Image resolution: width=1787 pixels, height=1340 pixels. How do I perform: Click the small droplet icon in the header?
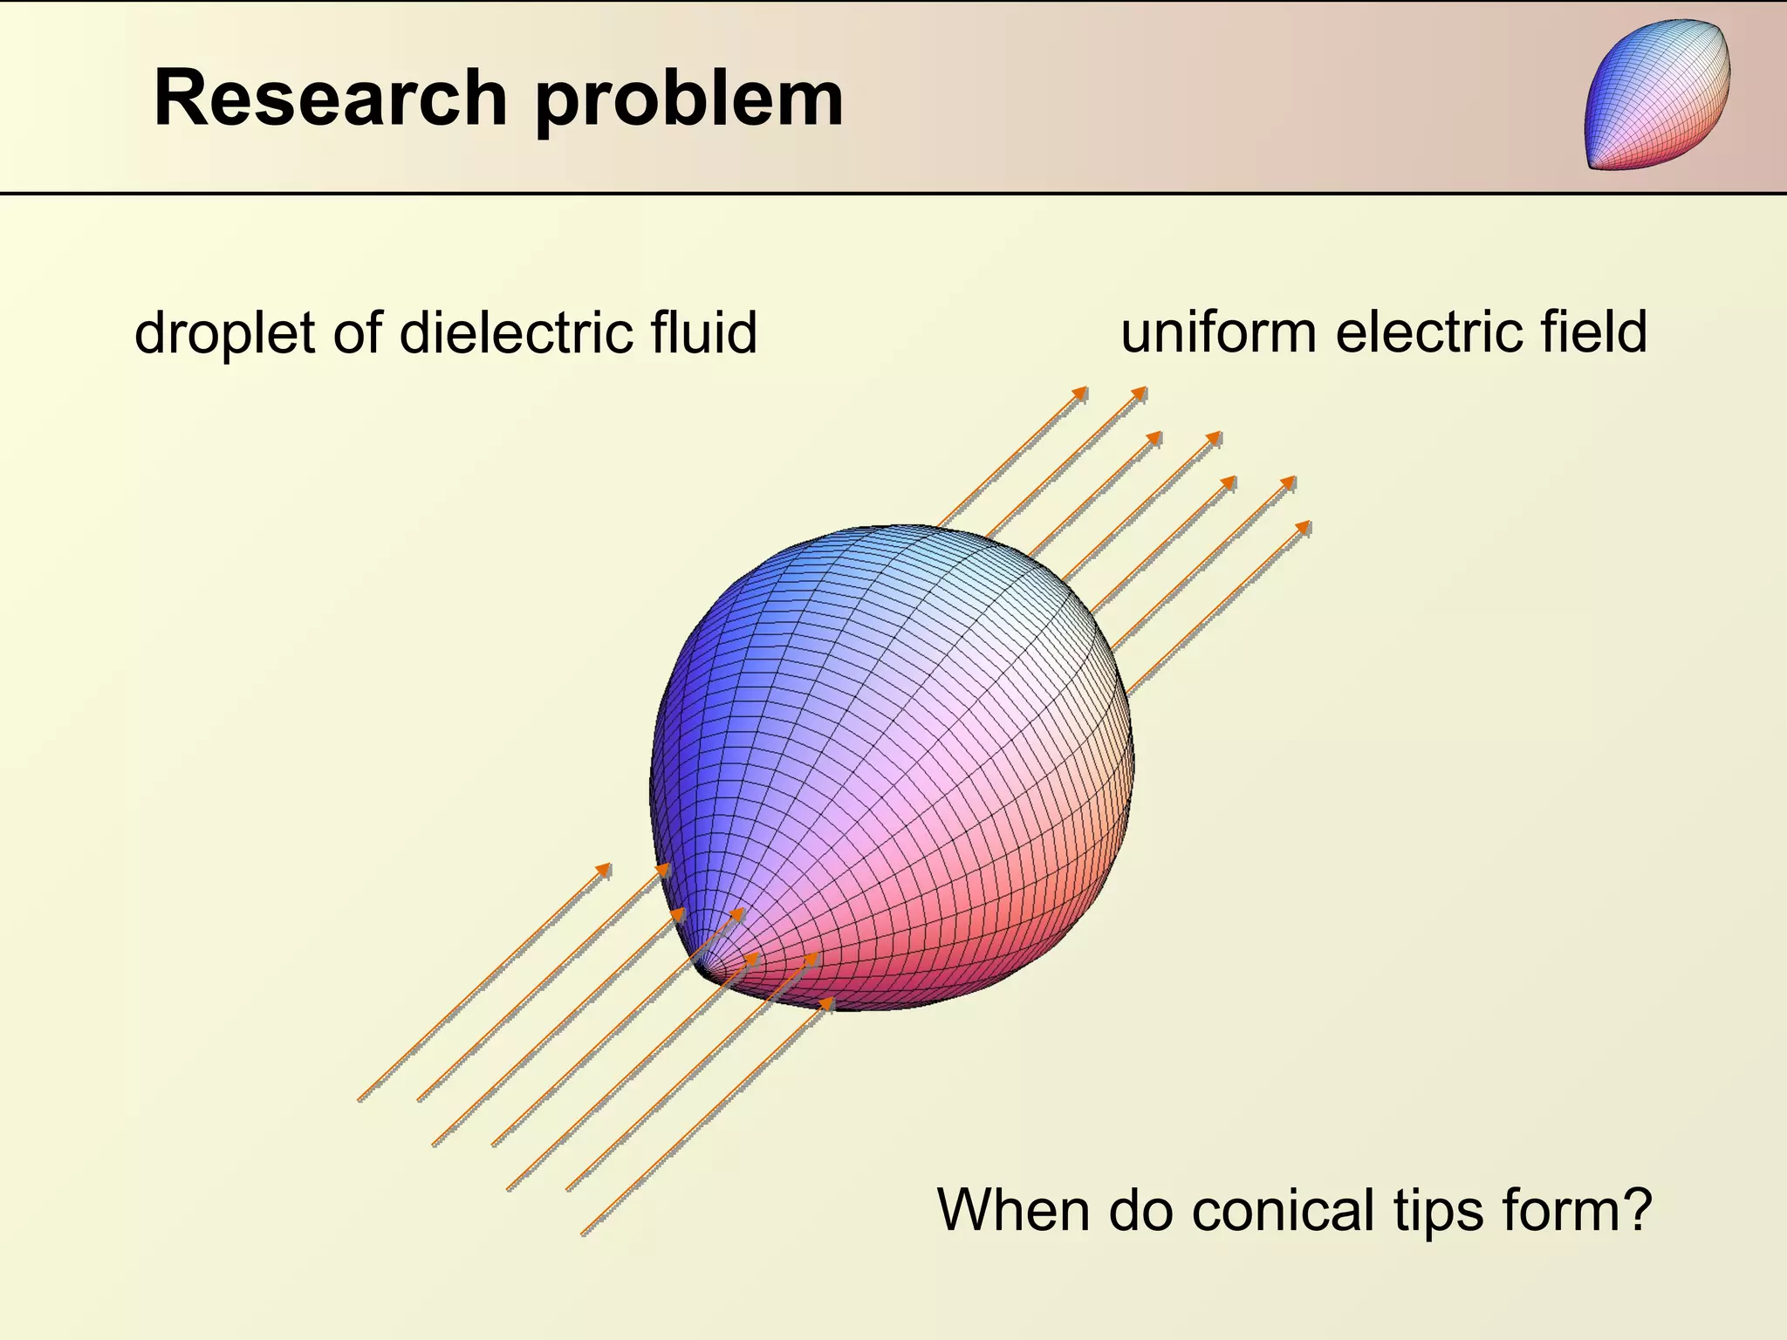click(1657, 94)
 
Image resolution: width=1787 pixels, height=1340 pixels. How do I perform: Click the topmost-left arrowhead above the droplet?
click(1082, 393)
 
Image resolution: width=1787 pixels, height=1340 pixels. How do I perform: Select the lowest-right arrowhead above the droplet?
click(1304, 526)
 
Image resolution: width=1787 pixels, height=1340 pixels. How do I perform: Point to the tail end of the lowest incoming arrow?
click(583, 1234)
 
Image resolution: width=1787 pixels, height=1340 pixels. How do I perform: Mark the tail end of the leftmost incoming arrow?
click(359, 1100)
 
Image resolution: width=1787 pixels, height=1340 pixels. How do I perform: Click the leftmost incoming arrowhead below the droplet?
click(605, 869)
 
